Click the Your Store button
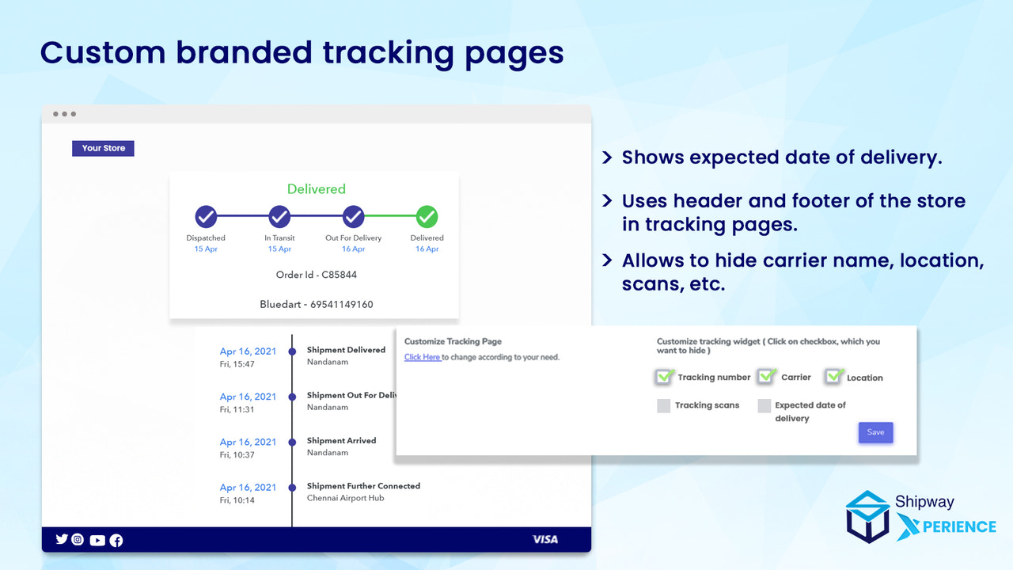[x=103, y=148]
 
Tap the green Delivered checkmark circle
[x=427, y=216]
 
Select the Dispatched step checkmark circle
[x=206, y=216]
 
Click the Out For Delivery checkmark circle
[x=353, y=216]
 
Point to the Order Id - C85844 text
[x=316, y=275]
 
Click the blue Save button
[x=875, y=432]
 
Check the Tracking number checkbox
[x=664, y=377]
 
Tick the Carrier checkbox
[x=765, y=377]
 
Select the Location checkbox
[x=833, y=377]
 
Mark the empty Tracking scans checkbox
[x=663, y=405]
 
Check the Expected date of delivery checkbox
[x=764, y=405]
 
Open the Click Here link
[x=423, y=357]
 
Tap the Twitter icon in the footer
[x=61, y=539]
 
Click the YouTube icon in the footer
[x=97, y=540]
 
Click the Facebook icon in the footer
[x=116, y=540]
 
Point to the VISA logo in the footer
[x=544, y=539]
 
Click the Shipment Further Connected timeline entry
[x=363, y=486]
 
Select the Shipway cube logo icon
[x=867, y=516]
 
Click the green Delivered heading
[x=316, y=189]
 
